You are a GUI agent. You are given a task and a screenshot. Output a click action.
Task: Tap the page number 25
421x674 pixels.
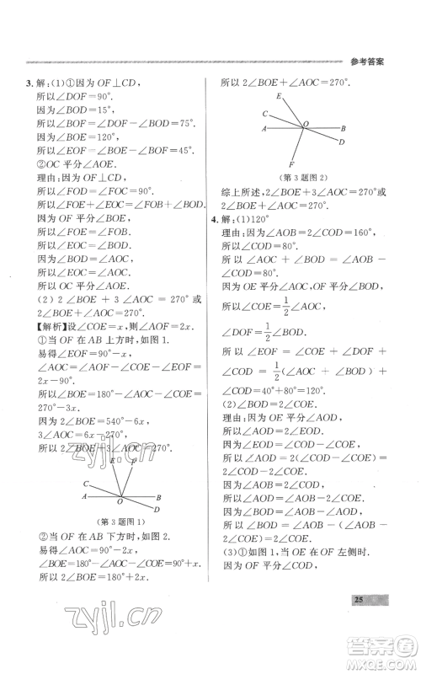coord(358,623)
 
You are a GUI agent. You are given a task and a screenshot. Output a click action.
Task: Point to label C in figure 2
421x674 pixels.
coord(264,113)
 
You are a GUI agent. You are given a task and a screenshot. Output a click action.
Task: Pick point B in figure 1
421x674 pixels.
coord(158,497)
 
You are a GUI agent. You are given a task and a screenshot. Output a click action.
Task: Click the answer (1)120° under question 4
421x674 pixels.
coord(255,220)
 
